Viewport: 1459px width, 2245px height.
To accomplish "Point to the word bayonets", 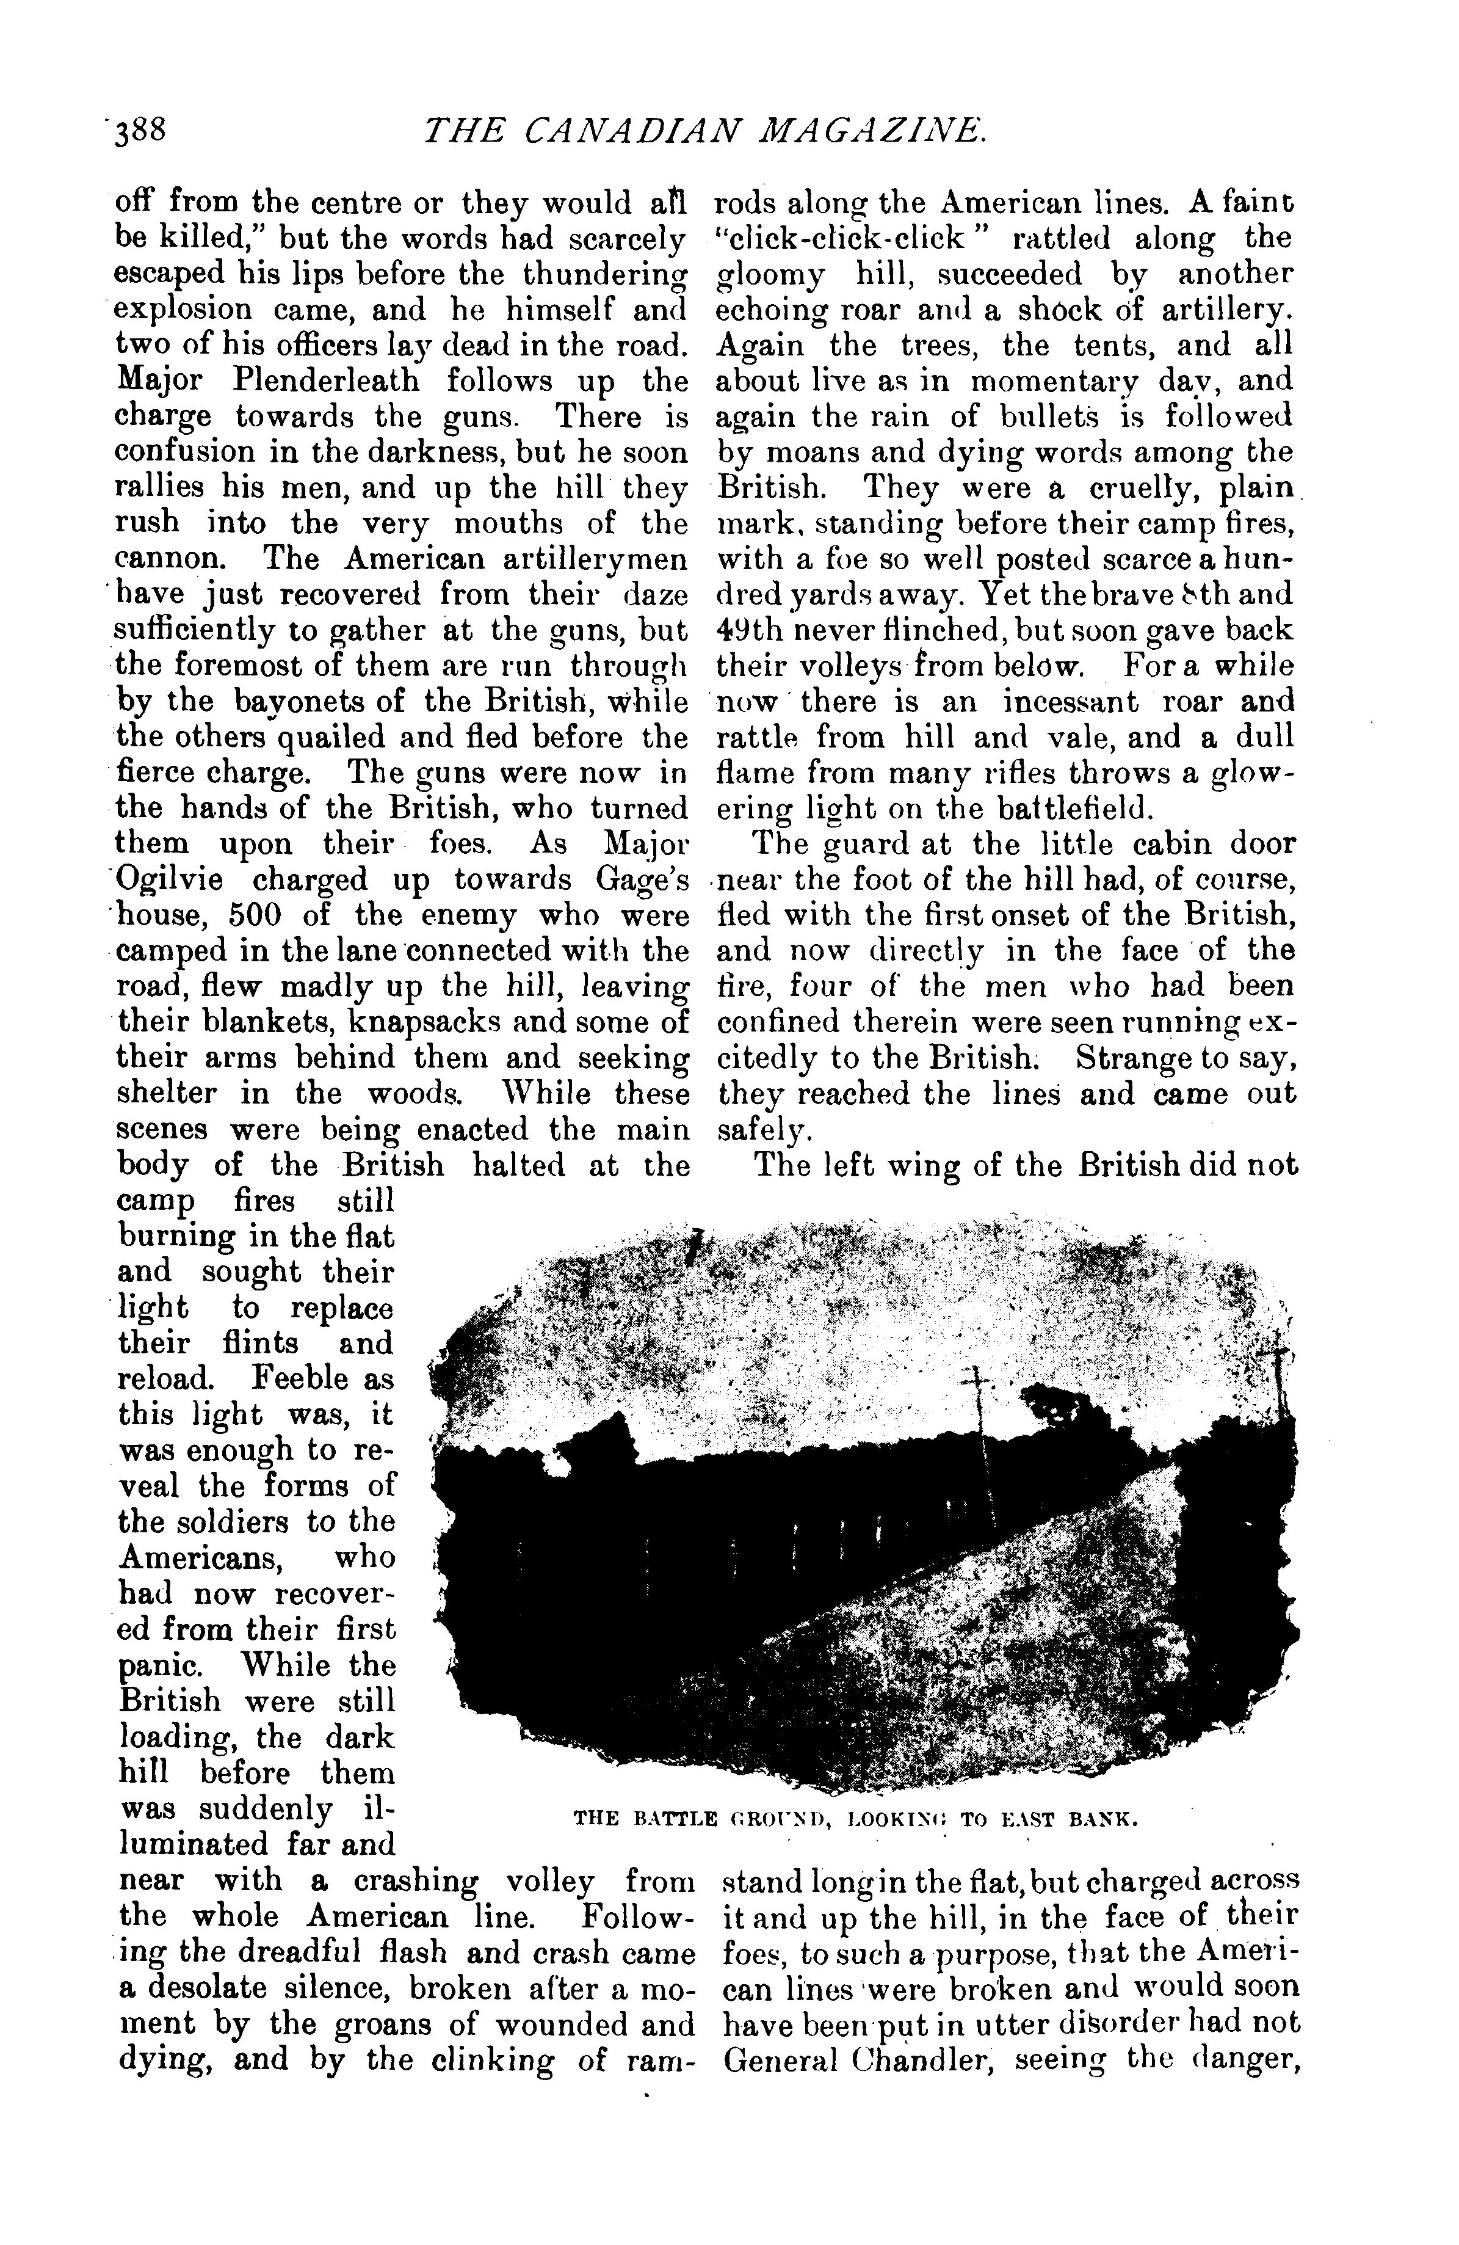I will point(283,703).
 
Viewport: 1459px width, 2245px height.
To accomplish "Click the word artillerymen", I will point(594,559).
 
